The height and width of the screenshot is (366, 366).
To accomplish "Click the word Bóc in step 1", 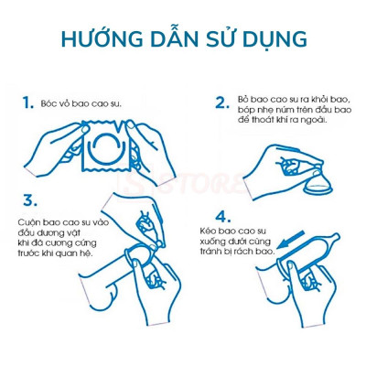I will [50, 104].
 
